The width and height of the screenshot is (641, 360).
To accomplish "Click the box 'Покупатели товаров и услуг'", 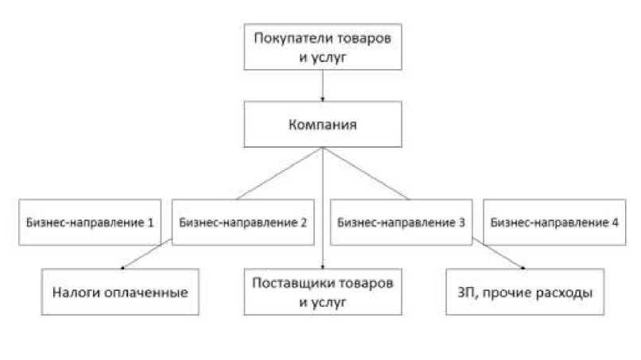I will coord(322,48).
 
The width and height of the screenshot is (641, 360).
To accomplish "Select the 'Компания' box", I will coord(322,126).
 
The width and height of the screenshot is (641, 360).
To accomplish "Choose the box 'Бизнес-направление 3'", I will coord(401,222).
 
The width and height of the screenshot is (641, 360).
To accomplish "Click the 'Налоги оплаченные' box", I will coord(122,292).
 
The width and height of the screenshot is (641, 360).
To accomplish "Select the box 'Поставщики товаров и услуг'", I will coord(322,292).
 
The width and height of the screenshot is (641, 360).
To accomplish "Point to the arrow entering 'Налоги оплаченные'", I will coord(147,257).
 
